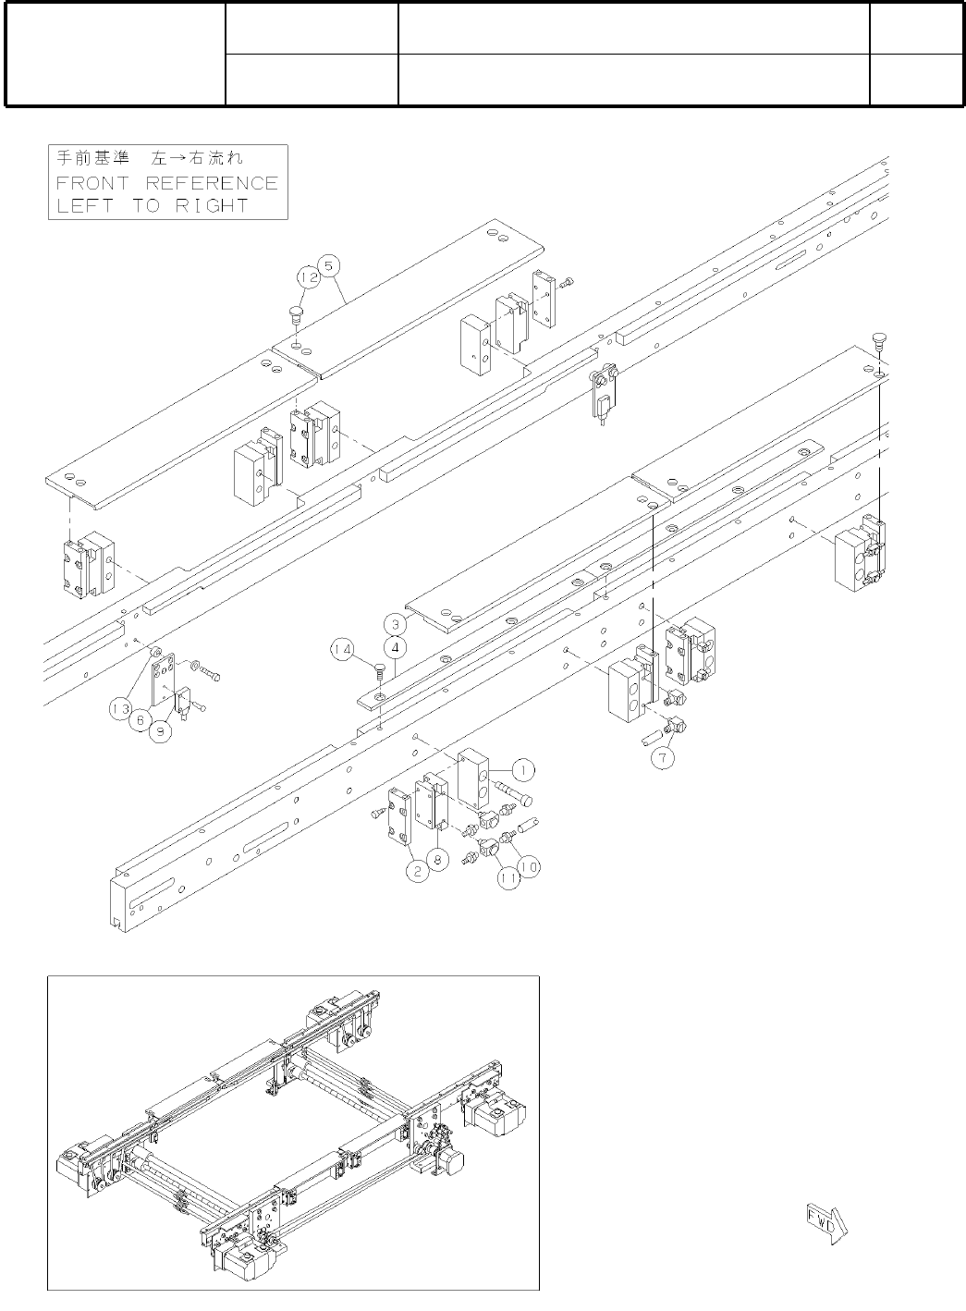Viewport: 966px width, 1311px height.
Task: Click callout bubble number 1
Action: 523,770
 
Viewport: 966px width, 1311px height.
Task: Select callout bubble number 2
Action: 418,872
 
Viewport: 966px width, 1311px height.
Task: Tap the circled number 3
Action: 396,624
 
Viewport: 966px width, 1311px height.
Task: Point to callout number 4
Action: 397,648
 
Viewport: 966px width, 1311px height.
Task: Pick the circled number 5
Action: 329,265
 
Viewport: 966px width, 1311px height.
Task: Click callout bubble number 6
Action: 141,720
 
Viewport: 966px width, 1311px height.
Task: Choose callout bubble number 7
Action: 662,758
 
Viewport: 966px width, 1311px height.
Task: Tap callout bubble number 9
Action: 160,730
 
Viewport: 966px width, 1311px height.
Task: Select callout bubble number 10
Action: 529,867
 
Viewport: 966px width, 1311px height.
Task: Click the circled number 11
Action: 509,878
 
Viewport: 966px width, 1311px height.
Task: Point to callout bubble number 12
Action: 310,277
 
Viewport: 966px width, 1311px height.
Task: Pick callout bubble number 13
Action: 121,709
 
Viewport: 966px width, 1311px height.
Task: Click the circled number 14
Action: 343,649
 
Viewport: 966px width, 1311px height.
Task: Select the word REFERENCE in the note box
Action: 212,183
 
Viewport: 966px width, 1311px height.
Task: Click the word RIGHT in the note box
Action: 212,206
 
